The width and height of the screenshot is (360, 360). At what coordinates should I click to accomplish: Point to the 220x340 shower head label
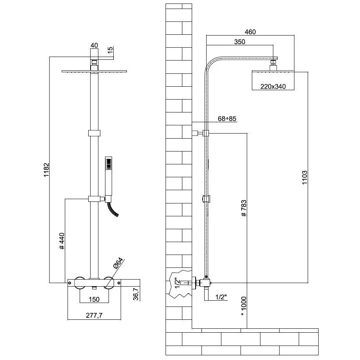click(273, 87)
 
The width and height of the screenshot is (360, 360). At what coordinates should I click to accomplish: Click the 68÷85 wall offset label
click(227, 118)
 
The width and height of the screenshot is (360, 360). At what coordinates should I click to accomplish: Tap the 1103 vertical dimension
click(305, 178)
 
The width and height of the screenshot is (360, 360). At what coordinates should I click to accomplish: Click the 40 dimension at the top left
click(94, 46)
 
